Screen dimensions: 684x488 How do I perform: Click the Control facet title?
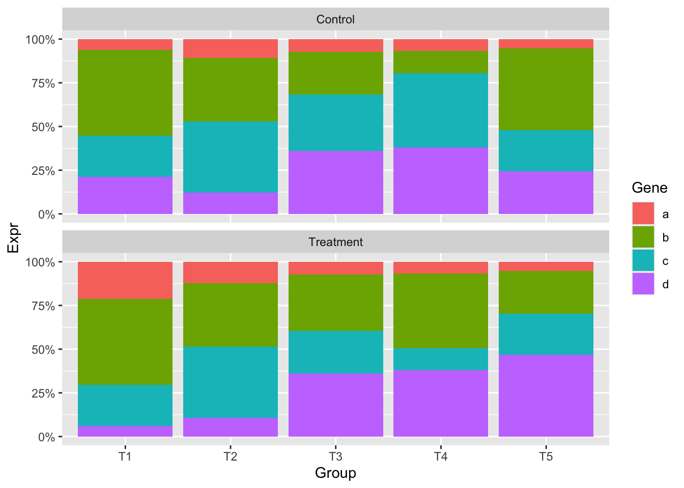click(x=335, y=19)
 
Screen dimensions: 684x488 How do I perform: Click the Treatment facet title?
click(x=335, y=242)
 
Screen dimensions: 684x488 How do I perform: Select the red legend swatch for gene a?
click(x=643, y=213)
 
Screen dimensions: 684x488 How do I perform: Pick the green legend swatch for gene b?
click(x=643, y=237)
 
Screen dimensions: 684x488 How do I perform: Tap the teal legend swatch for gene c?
click(x=643, y=260)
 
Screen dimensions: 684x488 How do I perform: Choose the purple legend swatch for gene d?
click(x=643, y=284)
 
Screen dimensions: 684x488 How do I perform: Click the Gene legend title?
click(x=649, y=188)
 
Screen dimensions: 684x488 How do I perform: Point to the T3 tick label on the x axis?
click(x=335, y=456)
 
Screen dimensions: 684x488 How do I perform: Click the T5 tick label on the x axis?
click(x=546, y=456)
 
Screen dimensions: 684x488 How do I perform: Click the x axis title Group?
click(x=335, y=473)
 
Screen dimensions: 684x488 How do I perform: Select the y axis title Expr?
click(x=13, y=238)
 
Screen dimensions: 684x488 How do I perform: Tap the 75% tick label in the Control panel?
click(x=43, y=83)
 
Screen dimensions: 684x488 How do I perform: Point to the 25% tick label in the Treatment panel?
click(x=43, y=393)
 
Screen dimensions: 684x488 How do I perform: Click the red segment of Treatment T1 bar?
click(x=125, y=280)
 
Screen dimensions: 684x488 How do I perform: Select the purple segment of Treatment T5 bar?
click(x=546, y=395)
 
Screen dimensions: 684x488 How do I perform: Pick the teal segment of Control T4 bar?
click(x=441, y=110)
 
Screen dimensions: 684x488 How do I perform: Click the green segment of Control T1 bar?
click(x=125, y=93)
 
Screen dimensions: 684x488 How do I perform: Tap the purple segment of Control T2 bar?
click(x=231, y=203)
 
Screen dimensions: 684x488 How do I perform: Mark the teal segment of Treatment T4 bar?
click(x=441, y=359)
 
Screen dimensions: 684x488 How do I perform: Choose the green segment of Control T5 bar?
click(x=546, y=89)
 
